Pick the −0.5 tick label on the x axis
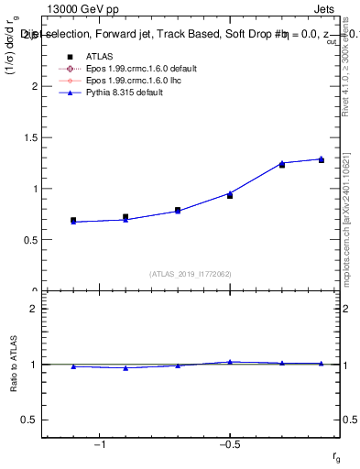click(229, 443)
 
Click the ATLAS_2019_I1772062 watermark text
click(191, 273)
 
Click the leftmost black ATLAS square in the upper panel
click(73, 221)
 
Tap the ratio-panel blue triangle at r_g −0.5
click(230, 362)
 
